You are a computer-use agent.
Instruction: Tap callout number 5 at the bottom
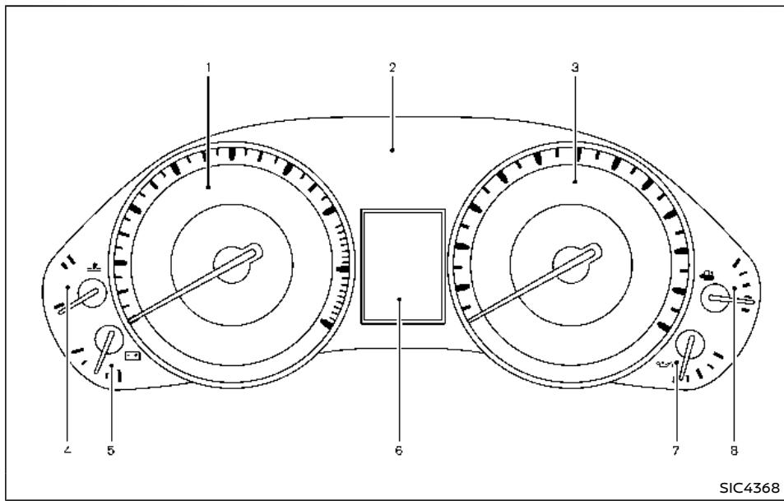(x=110, y=451)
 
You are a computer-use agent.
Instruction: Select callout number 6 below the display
(x=398, y=451)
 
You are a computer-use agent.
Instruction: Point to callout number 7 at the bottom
(x=675, y=451)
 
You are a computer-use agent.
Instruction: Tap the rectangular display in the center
(x=402, y=263)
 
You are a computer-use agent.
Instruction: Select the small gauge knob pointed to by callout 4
(x=91, y=294)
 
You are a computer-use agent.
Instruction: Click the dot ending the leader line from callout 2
(x=392, y=150)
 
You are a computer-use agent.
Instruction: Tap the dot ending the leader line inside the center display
(x=398, y=300)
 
